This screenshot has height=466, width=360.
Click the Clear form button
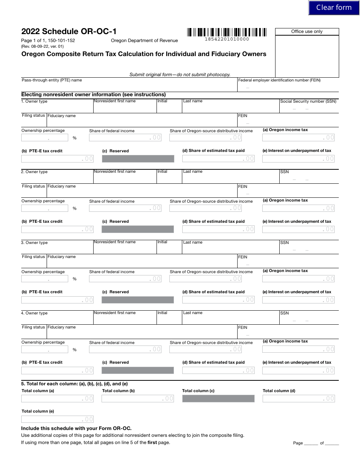pos(334,8)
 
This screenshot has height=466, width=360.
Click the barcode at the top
pos(227,32)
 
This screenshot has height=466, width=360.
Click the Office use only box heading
pos(307,31)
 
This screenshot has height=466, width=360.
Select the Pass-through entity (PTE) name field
pos(129,87)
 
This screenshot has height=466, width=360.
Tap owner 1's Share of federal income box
pos(125,138)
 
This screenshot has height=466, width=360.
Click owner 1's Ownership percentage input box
pos(44,138)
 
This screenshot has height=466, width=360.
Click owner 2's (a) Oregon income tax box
pos(299,208)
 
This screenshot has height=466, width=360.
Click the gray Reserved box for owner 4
pos(138,370)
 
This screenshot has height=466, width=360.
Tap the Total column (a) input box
pos(57,398)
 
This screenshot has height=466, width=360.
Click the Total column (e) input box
pos(57,419)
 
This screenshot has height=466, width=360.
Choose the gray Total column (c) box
pos(218,398)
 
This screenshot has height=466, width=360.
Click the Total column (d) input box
pos(299,398)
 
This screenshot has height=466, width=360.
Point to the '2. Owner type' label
pos(34,172)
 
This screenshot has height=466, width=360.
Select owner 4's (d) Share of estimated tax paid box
pos(218,370)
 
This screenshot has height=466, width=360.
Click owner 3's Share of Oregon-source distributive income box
pos(206,279)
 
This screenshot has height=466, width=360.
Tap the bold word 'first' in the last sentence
pos(152,443)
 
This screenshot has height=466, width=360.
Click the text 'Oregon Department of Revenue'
pos(144,41)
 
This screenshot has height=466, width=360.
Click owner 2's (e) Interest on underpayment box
pos(299,229)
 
